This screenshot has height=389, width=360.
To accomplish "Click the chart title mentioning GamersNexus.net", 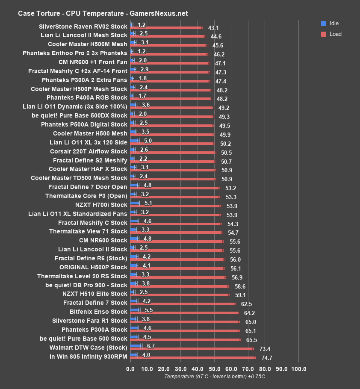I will [x=103, y=13].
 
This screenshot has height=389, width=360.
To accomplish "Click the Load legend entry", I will [x=332, y=34].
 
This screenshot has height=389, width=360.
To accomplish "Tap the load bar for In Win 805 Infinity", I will [x=192, y=357].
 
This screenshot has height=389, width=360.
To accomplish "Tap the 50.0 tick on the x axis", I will [x=214, y=368].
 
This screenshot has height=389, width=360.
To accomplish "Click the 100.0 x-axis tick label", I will [x=298, y=368].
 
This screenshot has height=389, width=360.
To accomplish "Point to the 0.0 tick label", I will [x=130, y=368].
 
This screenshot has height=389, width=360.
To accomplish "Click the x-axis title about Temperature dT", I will [x=215, y=377].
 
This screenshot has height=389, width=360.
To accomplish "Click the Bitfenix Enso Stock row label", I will [x=98, y=312].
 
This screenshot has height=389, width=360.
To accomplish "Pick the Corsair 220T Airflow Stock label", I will [x=89, y=151].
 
